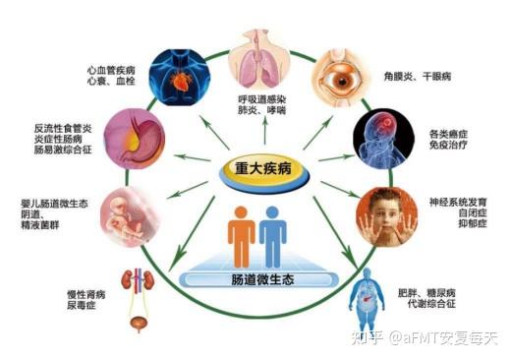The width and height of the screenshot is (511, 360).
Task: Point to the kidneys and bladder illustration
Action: pyautogui.click(x=140, y=296)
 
